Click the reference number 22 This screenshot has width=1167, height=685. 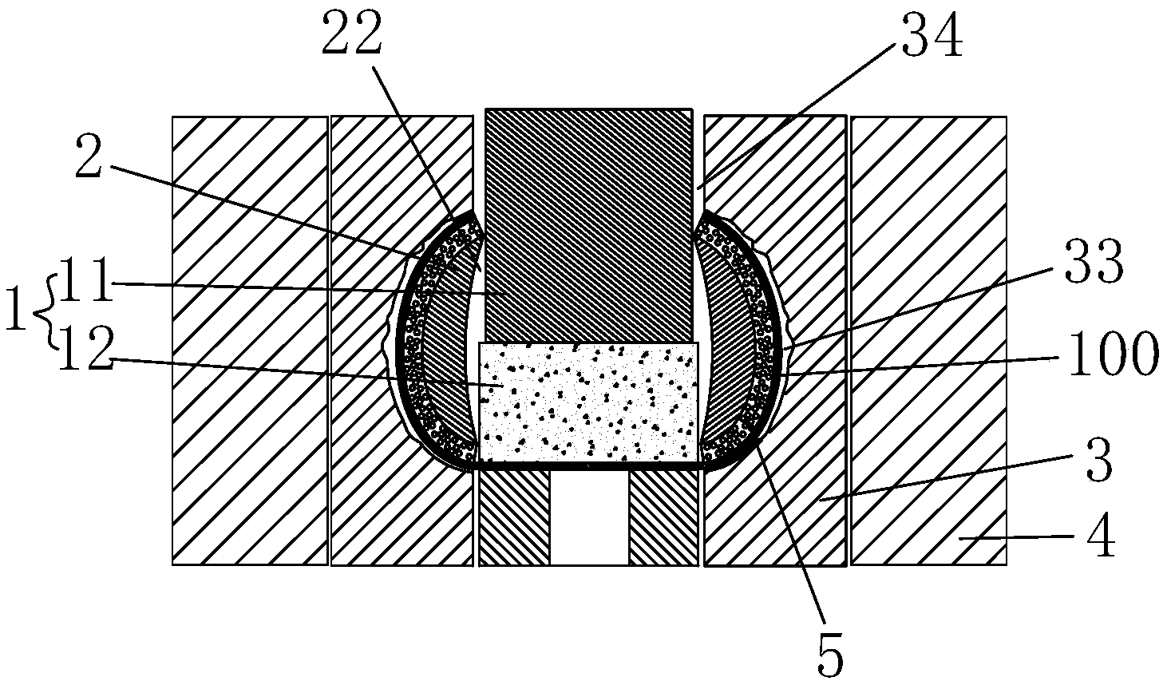(352, 33)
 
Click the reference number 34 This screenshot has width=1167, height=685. (932, 34)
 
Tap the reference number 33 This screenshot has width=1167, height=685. (1093, 261)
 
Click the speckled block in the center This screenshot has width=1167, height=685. (588, 402)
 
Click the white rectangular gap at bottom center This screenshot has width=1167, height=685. (589, 518)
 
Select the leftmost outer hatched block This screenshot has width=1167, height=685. (250, 341)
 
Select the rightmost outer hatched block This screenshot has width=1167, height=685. (928, 341)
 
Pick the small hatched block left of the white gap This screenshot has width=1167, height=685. (514, 518)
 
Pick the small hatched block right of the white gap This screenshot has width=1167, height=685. (663, 518)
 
